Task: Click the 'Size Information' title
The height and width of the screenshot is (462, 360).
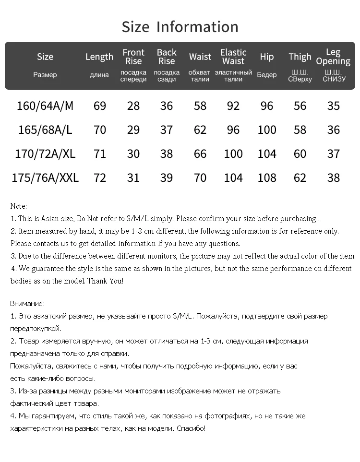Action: click(x=180, y=27)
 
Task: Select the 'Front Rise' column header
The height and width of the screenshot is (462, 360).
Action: click(x=133, y=57)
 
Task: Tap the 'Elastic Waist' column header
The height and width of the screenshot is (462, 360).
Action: click(x=233, y=57)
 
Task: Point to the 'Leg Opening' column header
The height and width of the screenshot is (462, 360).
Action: click(x=333, y=57)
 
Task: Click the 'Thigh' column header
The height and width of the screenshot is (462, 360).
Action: click(x=300, y=57)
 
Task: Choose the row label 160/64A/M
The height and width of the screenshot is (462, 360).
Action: click(x=45, y=106)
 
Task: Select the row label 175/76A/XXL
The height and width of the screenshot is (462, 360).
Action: click(x=45, y=178)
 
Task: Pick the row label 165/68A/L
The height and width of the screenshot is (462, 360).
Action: click(x=45, y=130)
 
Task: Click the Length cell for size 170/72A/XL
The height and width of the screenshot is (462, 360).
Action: click(x=100, y=154)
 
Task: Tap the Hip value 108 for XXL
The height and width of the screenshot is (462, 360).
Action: click(x=267, y=178)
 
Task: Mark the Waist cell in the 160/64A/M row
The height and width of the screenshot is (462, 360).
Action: click(x=200, y=106)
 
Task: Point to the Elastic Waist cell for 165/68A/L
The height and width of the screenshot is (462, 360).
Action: click(x=233, y=130)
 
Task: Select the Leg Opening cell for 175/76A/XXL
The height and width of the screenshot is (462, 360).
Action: click(x=334, y=178)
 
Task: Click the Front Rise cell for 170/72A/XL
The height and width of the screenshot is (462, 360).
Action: click(x=133, y=154)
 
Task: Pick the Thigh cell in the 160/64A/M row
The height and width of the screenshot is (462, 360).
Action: click(x=300, y=106)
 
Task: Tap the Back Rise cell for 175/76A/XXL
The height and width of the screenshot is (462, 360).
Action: click(x=167, y=178)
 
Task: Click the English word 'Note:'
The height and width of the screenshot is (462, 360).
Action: click(x=19, y=206)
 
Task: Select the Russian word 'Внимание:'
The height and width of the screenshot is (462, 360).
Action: click(x=27, y=304)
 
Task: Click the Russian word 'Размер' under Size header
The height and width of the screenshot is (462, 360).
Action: click(x=45, y=75)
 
